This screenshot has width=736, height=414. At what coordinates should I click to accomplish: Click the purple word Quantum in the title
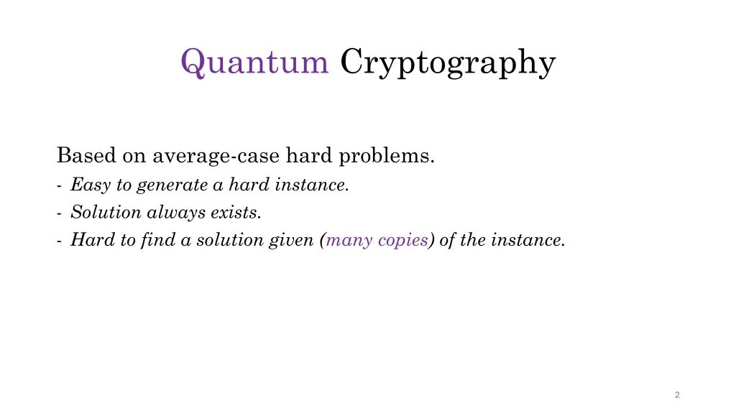[x=254, y=63]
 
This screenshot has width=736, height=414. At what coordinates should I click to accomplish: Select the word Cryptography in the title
[x=448, y=63]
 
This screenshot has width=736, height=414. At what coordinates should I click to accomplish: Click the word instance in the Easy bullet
[x=320, y=185]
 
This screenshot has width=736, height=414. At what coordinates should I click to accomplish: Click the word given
[x=293, y=241]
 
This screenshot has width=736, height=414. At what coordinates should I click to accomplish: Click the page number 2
[x=678, y=395]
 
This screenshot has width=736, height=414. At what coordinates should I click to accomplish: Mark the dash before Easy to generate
[x=57, y=185]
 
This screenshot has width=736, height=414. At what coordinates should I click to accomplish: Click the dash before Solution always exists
[x=57, y=213]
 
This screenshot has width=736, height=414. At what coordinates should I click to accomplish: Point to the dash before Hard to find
[x=57, y=241]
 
